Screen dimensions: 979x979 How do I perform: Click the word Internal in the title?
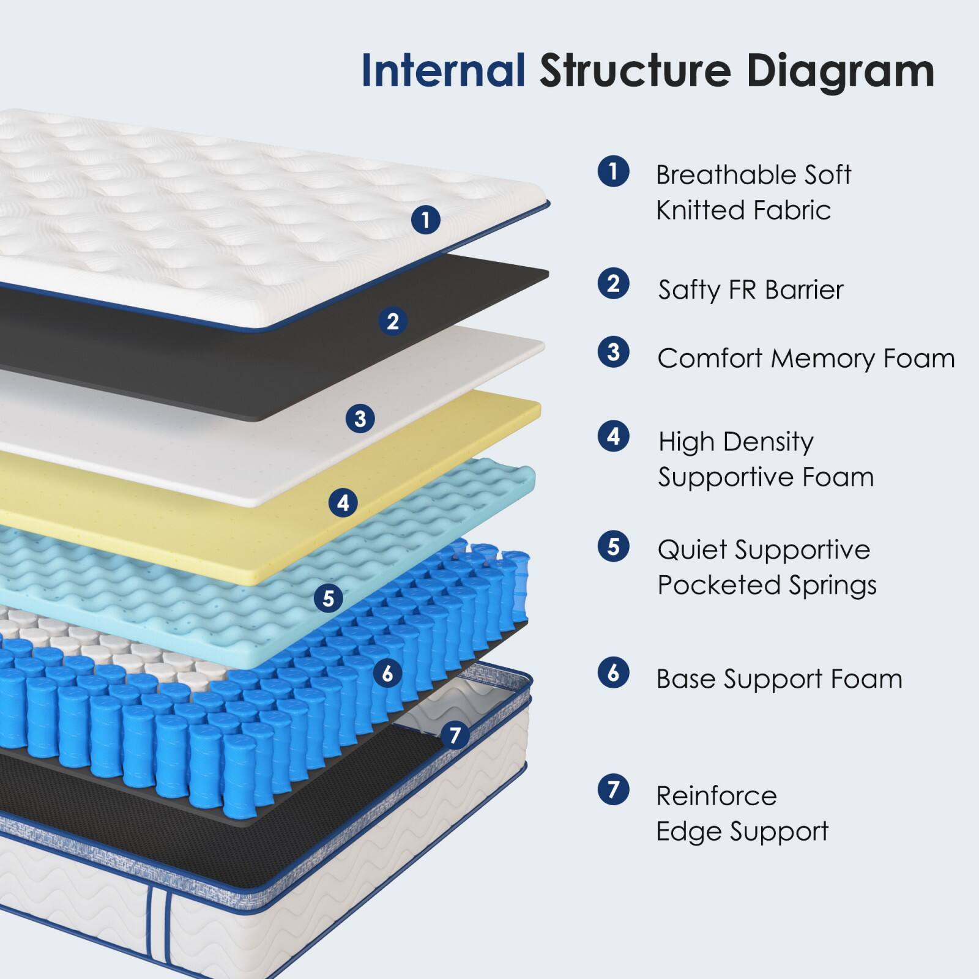tap(443, 71)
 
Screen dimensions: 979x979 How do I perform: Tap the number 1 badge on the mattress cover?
tap(426, 219)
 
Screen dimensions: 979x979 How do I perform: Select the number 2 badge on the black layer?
tap(393, 321)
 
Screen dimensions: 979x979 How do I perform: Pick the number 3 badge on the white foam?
tap(360, 419)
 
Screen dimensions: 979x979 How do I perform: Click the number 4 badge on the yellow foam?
tap(343, 503)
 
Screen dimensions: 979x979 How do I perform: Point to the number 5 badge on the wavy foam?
tap(329, 597)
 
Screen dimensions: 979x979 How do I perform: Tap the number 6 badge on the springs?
tap(388, 674)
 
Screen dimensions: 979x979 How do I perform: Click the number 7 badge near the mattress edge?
tap(455, 735)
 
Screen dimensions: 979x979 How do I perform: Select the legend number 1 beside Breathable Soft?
tap(613, 171)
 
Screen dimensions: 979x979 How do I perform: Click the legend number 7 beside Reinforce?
tap(613, 789)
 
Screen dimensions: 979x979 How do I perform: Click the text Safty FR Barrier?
tap(751, 289)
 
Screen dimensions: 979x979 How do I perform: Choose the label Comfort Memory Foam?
tap(806, 359)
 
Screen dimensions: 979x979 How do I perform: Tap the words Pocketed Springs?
tap(767, 585)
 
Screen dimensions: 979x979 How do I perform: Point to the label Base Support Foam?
tap(779, 679)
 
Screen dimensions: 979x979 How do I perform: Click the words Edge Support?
tap(742, 832)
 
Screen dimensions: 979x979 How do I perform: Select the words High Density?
tap(735, 442)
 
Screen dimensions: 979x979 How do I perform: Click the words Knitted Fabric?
tap(743, 210)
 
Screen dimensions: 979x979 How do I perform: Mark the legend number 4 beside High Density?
tap(613, 436)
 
